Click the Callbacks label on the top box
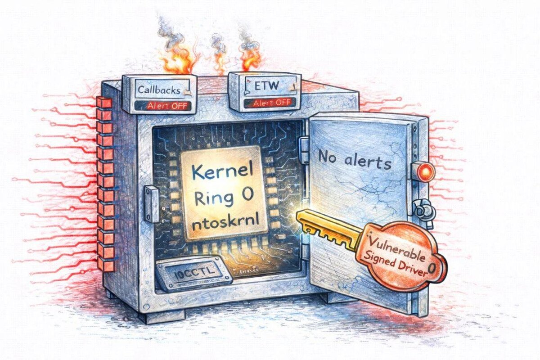pos(158,90)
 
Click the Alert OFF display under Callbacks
pos(163,106)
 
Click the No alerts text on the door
pos(354,160)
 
